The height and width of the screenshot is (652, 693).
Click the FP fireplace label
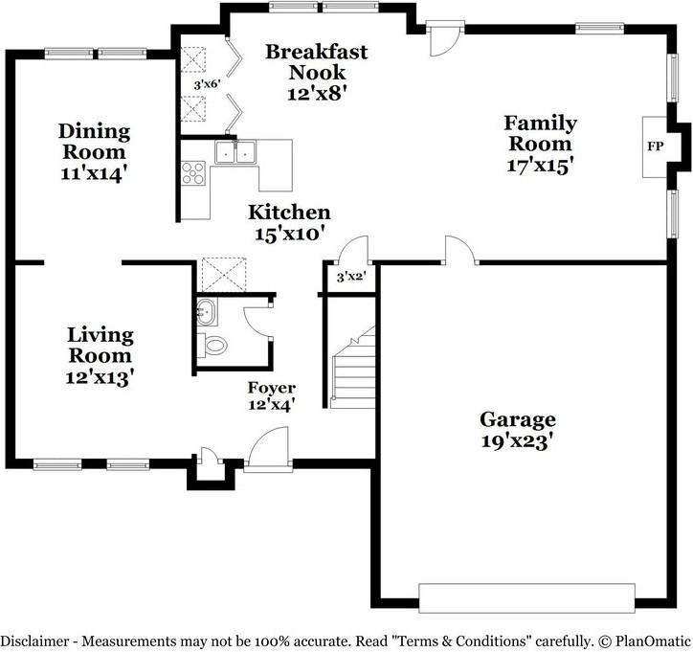(655, 146)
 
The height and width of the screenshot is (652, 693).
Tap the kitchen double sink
(235, 152)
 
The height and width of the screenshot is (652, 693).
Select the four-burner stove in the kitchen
(193, 173)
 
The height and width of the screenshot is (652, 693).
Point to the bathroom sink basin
(207, 312)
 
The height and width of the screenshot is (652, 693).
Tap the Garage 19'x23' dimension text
(517, 441)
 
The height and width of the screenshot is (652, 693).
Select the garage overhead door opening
(526, 598)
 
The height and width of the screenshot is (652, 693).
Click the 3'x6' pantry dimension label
(207, 84)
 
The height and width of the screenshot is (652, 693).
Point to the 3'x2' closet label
(351, 277)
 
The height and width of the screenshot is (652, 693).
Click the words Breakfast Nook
(317, 62)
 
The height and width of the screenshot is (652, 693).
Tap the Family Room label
(540, 133)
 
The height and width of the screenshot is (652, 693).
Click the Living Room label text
(101, 346)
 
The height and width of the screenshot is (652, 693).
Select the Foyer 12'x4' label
(272, 396)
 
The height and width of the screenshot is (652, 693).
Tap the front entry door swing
(268, 446)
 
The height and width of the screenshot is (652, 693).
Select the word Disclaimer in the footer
(34, 641)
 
